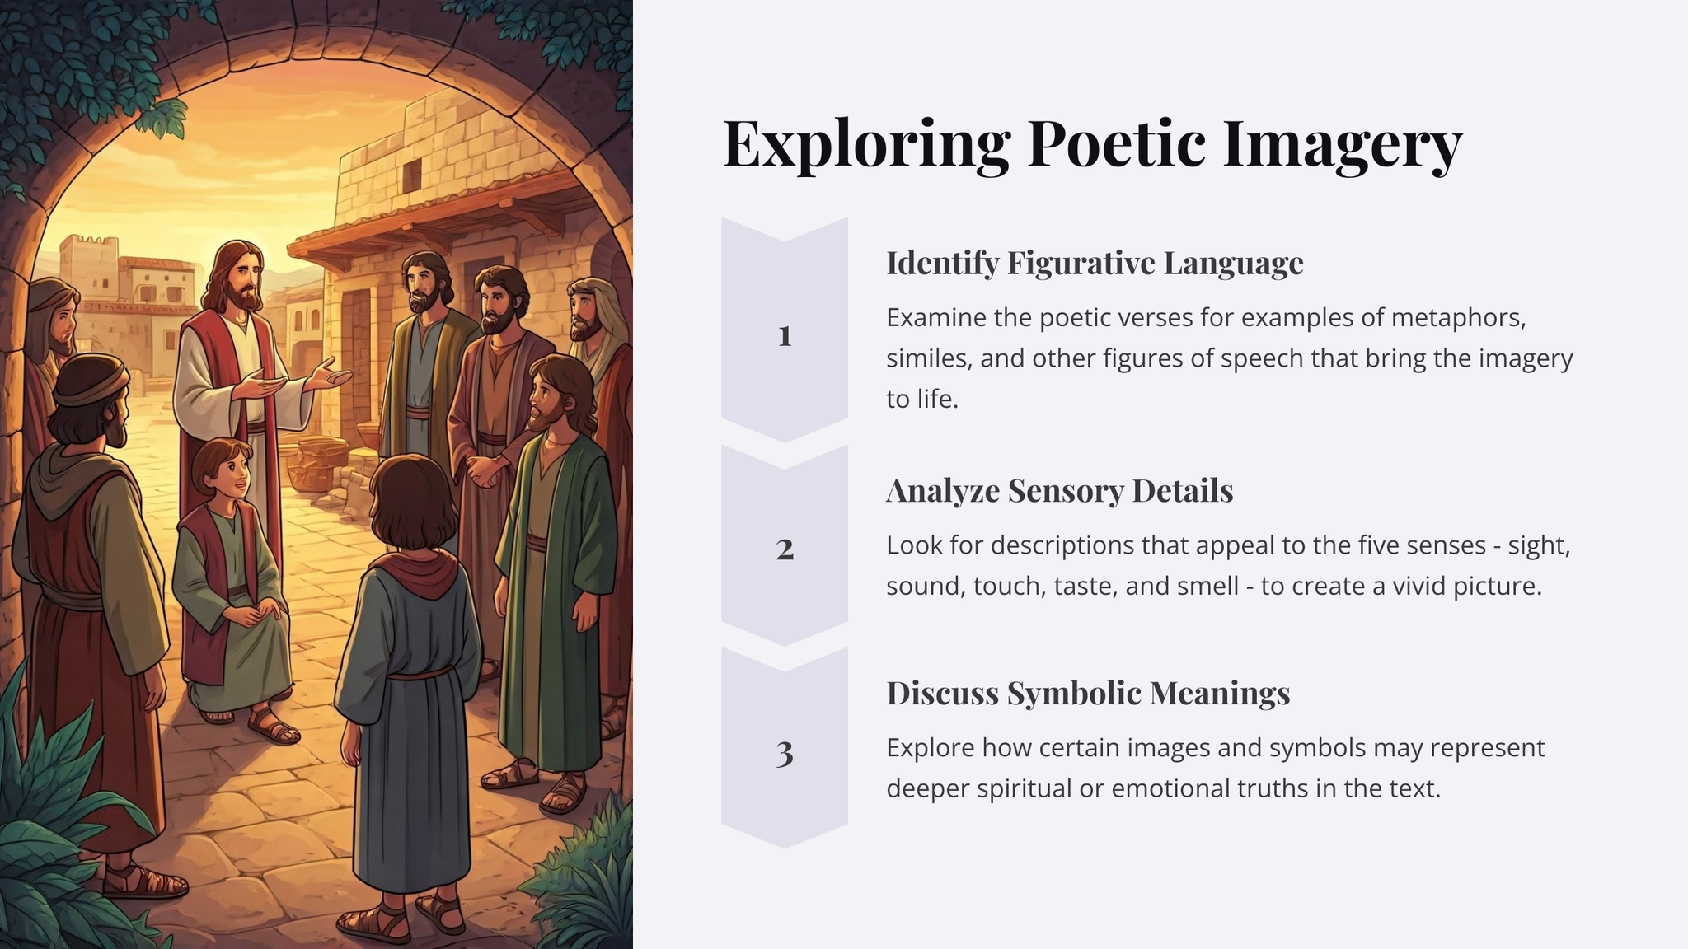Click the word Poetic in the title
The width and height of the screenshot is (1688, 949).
(1117, 143)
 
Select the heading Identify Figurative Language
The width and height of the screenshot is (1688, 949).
(1095, 264)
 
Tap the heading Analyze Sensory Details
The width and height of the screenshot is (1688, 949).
(1060, 491)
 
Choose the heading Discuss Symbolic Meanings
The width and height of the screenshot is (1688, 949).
(1088, 694)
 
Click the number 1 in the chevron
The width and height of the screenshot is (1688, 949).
(785, 335)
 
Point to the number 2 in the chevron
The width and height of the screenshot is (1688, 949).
(785, 549)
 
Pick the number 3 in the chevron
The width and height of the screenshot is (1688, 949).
(785, 753)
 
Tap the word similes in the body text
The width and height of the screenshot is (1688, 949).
(926, 358)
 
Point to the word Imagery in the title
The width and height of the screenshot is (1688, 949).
(1342, 145)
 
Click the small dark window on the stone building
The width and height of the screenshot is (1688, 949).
(411, 174)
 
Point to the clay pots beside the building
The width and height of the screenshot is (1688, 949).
(316, 462)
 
